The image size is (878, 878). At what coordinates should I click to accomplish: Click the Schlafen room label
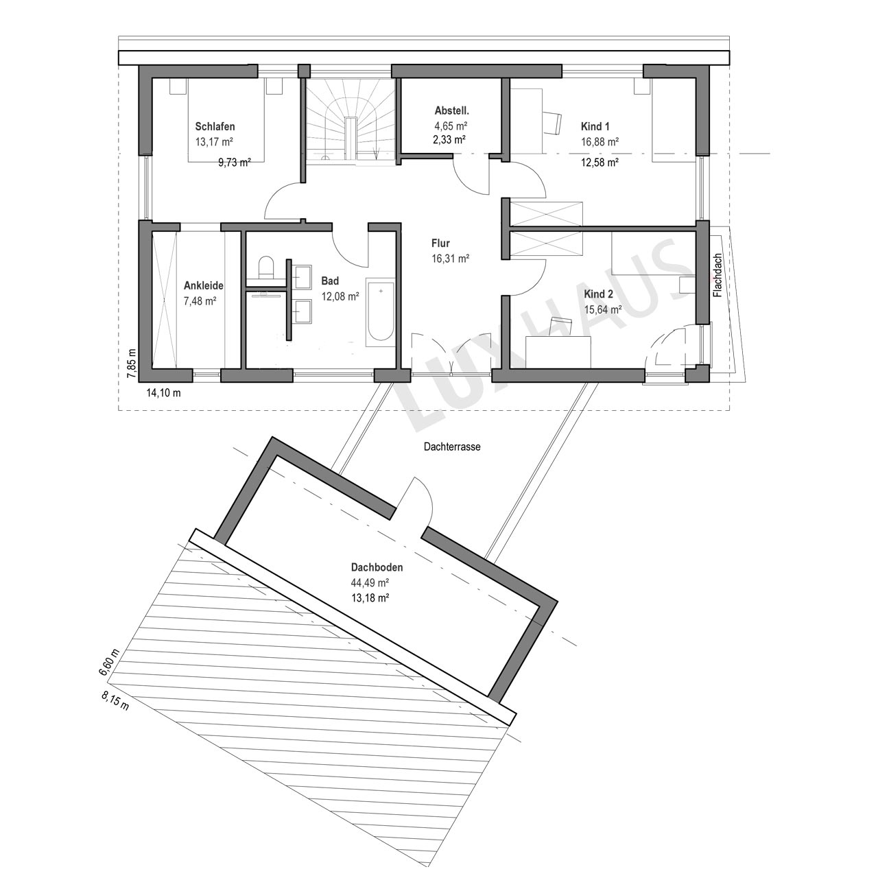(x=215, y=126)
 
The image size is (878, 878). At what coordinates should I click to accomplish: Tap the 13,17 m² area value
(x=214, y=142)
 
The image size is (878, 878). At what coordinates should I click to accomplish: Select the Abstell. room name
(x=452, y=110)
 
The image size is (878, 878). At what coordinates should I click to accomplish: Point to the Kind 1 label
(x=595, y=126)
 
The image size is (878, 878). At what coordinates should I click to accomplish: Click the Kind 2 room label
(x=599, y=294)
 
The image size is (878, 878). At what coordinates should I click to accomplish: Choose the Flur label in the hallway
(x=440, y=244)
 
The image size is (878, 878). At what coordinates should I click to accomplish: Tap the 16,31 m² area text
(x=451, y=259)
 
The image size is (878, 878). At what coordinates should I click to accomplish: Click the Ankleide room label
(x=204, y=285)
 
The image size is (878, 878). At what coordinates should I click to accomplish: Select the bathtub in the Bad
(x=381, y=311)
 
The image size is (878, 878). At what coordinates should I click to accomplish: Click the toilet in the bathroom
(x=265, y=267)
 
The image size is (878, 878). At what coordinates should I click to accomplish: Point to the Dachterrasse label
(x=452, y=447)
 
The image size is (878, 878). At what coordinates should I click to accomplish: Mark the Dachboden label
(x=377, y=568)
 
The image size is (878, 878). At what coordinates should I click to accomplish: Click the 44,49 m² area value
(x=370, y=583)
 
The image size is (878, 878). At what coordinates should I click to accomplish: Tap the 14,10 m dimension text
(x=163, y=393)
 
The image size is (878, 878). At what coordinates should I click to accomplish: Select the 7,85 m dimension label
(x=132, y=363)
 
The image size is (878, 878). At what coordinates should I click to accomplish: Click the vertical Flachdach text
(x=718, y=275)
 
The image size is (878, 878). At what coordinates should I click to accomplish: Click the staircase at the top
(x=349, y=120)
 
